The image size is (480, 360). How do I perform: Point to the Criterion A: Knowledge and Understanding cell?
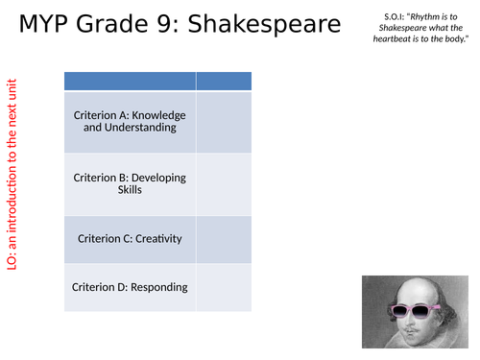point(130,122)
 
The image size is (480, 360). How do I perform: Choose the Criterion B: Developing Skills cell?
point(130,183)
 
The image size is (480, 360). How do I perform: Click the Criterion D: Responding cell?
point(130,287)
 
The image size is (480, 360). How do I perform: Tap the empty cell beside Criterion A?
point(224,122)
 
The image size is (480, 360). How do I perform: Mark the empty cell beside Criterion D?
point(224,287)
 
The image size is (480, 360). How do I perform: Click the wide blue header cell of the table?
point(130,81)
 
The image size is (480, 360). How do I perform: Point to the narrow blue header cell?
point(224,81)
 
